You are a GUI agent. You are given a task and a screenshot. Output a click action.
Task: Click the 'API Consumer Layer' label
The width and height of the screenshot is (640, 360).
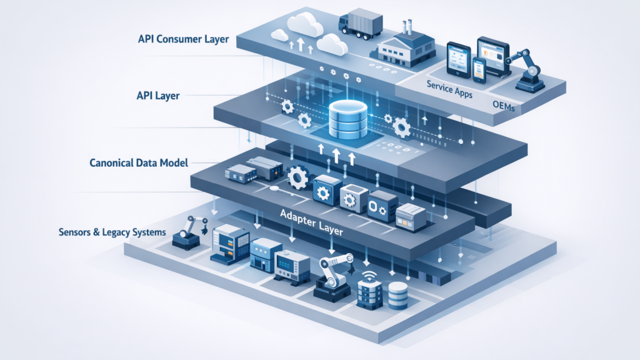tap(183, 39)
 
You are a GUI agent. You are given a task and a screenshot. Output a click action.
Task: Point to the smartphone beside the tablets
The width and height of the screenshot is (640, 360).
tap(479, 69)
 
